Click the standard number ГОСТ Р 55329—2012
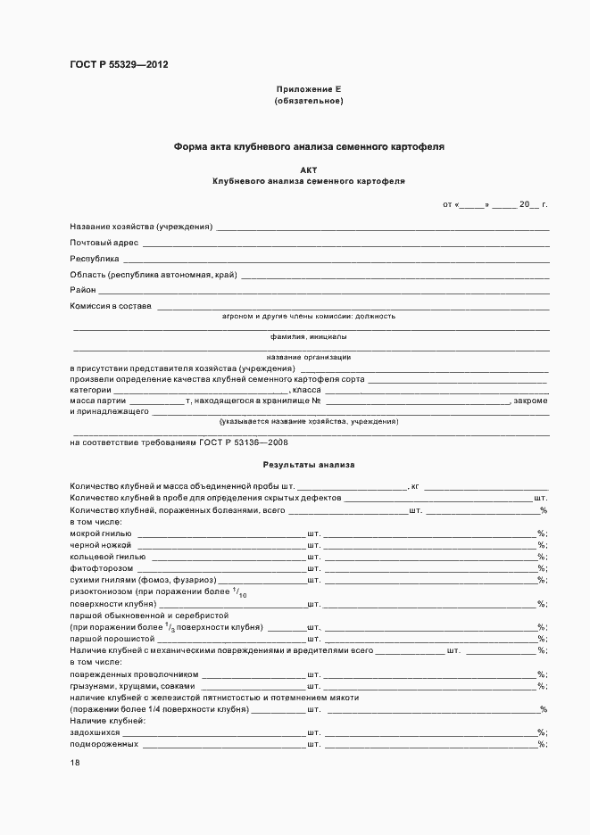point(119,65)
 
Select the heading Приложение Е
point(309,90)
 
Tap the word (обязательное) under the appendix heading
point(309,101)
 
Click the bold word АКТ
point(309,169)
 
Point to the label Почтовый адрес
point(104,243)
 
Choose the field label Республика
point(95,259)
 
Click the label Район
point(83,290)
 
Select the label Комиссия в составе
point(111,306)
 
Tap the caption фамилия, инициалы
point(309,337)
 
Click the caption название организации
point(309,357)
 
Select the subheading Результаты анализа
point(309,465)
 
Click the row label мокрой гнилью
point(100,533)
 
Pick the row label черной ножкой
point(100,544)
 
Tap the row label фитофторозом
point(102,567)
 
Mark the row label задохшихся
point(95,732)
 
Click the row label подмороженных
point(104,743)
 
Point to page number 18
point(75,763)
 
